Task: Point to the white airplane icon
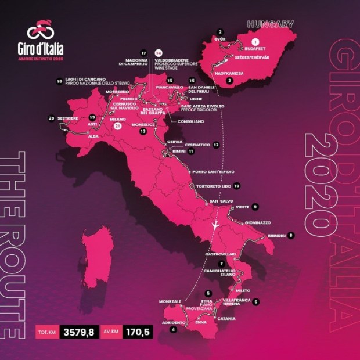(x=215, y=225)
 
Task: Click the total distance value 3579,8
(x=79, y=333)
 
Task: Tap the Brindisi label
(x=273, y=235)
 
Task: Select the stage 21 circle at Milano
(x=118, y=125)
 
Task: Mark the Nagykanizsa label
(x=227, y=73)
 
